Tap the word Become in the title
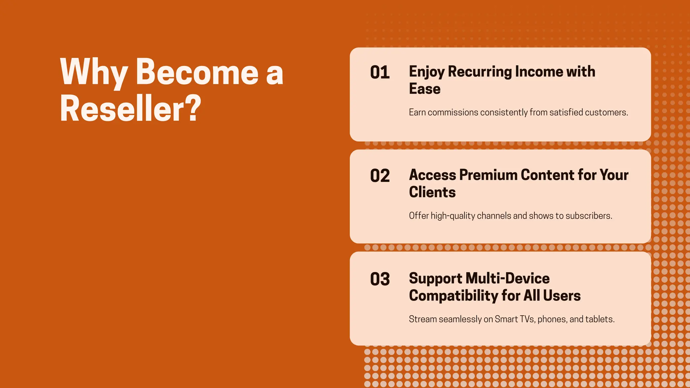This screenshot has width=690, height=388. click(197, 71)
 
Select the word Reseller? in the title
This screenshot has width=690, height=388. click(130, 108)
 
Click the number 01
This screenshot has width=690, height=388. click(380, 72)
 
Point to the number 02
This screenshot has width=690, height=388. click(380, 176)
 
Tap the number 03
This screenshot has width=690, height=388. click(380, 279)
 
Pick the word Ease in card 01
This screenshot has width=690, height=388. click(425, 89)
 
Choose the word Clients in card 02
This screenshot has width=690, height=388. click(432, 192)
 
